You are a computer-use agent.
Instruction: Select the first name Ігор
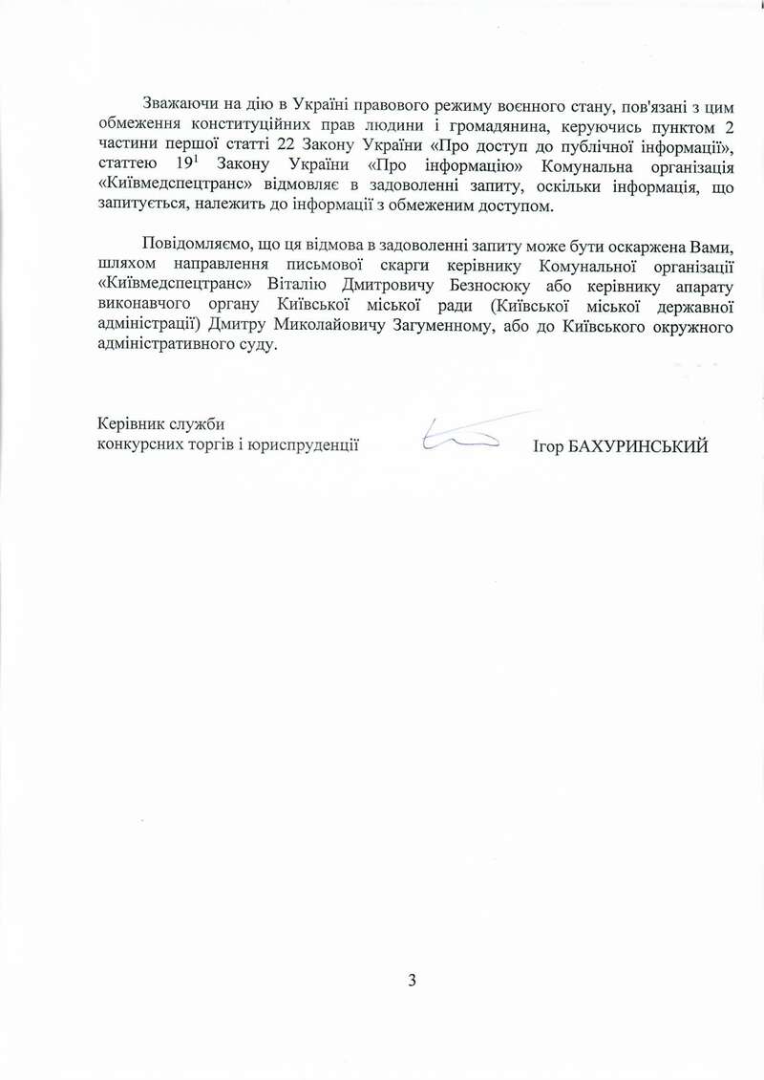pyautogui.click(x=551, y=446)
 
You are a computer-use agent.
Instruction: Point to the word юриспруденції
pyautogui.click(x=307, y=444)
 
